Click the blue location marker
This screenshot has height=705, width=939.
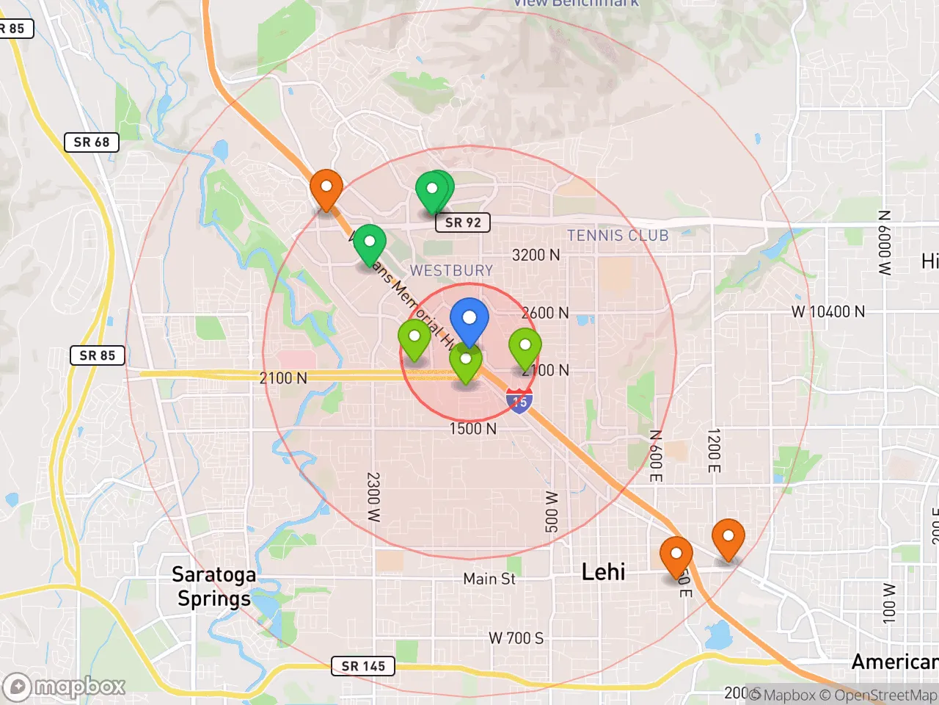tap(469, 319)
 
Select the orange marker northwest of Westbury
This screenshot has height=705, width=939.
tap(326, 188)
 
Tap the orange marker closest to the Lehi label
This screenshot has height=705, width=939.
tap(676, 555)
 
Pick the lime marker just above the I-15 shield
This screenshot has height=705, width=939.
tap(525, 347)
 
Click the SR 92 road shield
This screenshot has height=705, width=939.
tap(463, 223)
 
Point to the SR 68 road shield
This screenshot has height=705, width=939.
tap(92, 142)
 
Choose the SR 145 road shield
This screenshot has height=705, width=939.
tap(363, 666)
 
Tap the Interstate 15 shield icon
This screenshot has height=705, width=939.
tap(519, 401)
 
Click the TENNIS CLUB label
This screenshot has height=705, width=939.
tap(618, 236)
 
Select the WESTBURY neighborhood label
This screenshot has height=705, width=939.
tap(451, 270)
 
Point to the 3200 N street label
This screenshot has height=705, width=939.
tap(536, 255)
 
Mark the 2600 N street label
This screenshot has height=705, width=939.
tap(545, 313)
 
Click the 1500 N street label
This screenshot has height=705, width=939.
tap(473, 428)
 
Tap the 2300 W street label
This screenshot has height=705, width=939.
tap(373, 497)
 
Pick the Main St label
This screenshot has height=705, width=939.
tap(489, 579)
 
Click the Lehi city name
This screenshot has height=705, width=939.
tap(603, 572)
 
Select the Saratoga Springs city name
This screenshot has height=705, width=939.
tap(213, 586)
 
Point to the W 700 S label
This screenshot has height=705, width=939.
tap(516, 638)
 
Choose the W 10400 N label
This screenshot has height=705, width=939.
tap(827, 311)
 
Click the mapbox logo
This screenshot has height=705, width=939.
tap(66, 687)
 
